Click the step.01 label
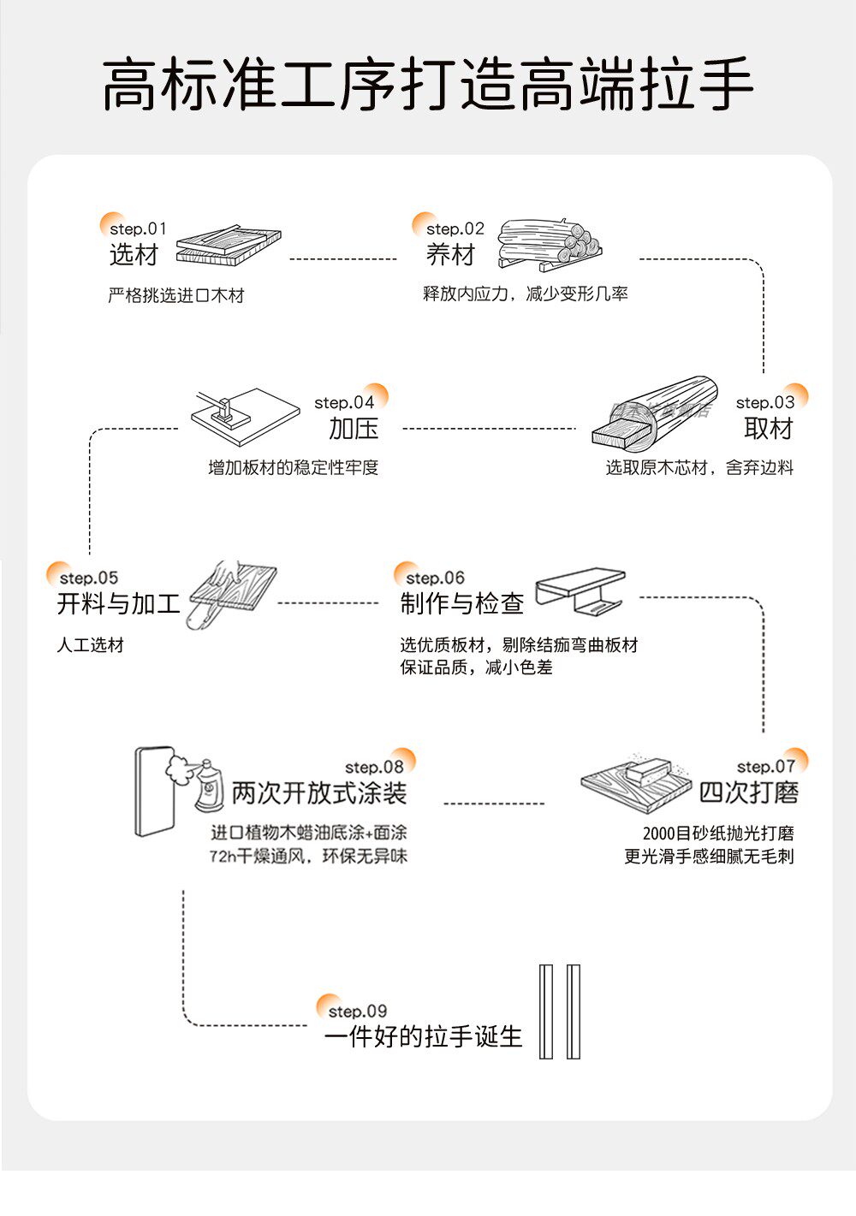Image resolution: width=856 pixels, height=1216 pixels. [138, 228]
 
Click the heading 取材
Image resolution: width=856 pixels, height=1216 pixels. [769, 428]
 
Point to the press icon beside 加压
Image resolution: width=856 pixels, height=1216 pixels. [244, 412]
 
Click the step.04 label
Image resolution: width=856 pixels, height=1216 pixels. [344, 402]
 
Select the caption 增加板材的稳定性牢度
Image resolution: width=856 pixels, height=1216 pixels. [293, 467]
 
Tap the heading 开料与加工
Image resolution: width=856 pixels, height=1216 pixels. [118, 603]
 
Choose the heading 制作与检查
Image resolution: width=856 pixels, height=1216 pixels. [461, 603]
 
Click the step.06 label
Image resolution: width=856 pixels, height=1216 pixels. [435, 578]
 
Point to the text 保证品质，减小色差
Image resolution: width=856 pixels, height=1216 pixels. [476, 667]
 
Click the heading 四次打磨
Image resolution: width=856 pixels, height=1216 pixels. [748, 792]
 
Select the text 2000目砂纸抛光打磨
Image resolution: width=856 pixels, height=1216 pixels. [718, 833]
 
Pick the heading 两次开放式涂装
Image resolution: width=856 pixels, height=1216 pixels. [318, 792]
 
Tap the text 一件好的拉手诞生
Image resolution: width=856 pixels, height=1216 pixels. [423, 1036]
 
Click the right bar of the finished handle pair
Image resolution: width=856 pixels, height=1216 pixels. [574, 1011]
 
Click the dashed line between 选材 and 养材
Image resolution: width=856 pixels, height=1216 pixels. [342, 258]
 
